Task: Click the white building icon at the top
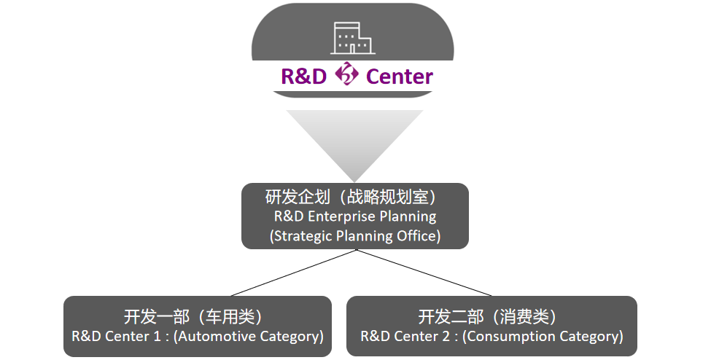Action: pyautogui.click(x=352, y=38)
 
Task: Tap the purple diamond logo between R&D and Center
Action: pyautogui.click(x=347, y=74)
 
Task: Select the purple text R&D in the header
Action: pyautogui.click(x=304, y=77)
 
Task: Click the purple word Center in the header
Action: pyautogui.click(x=400, y=77)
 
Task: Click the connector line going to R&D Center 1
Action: pyautogui.click(x=294, y=273)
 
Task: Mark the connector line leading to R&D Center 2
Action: pyautogui.click(x=424, y=273)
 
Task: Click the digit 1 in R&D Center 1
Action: pyautogui.click(x=157, y=337)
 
